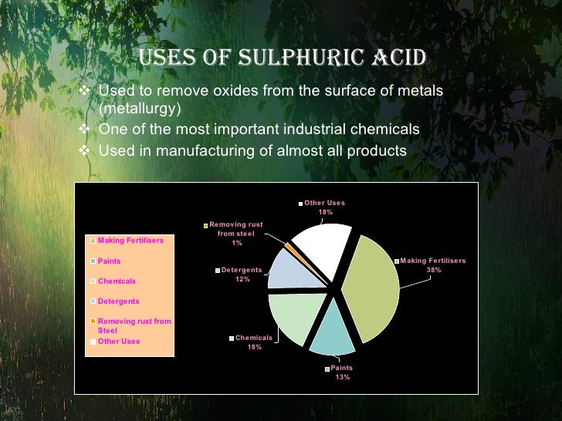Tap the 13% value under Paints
click(342, 378)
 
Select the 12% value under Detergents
click(242, 279)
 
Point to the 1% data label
click(237, 243)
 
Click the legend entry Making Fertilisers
click(130, 241)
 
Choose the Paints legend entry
click(109, 261)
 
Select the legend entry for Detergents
click(117, 301)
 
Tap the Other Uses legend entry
click(119, 341)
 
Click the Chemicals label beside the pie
click(254, 338)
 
